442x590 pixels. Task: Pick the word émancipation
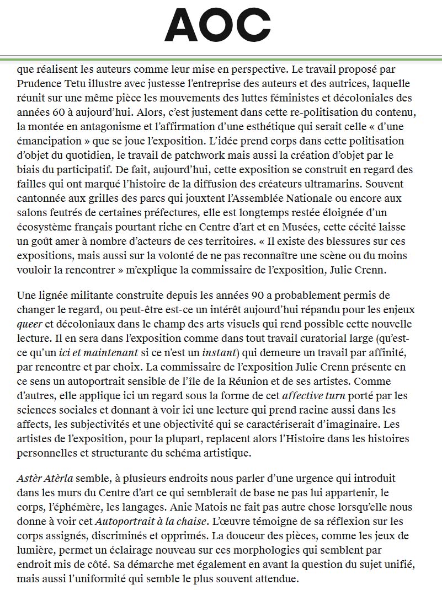pyautogui.click(x=51, y=141)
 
